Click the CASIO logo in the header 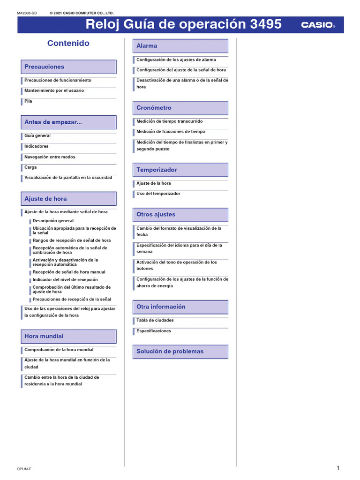click(317, 25)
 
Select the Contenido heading click(68, 44)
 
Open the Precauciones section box click(68, 67)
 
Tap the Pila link click(29, 101)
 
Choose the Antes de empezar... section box click(68, 122)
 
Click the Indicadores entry click(37, 146)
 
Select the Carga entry click(30, 167)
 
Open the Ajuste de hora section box click(68, 199)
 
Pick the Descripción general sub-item click(53, 221)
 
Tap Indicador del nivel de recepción click(65, 279)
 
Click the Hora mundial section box click(68, 336)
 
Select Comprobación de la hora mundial click(59, 350)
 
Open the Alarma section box click(180, 46)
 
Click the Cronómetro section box click(180, 108)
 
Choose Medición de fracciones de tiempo click(171, 132)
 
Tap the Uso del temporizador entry click(158, 194)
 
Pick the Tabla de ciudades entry click(155, 320)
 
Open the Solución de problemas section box click(180, 352)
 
